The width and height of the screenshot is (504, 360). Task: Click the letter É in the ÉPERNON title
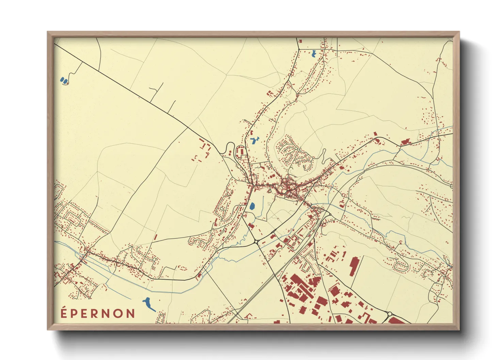64,313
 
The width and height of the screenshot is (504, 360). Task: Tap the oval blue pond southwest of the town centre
252,206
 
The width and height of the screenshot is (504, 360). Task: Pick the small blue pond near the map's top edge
314,53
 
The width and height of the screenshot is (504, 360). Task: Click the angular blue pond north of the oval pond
254,140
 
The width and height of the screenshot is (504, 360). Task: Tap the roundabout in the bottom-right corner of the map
390,314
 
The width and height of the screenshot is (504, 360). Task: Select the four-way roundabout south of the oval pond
256,242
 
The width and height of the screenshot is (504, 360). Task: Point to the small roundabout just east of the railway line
329,214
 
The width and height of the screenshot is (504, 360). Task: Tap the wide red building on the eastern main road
405,142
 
